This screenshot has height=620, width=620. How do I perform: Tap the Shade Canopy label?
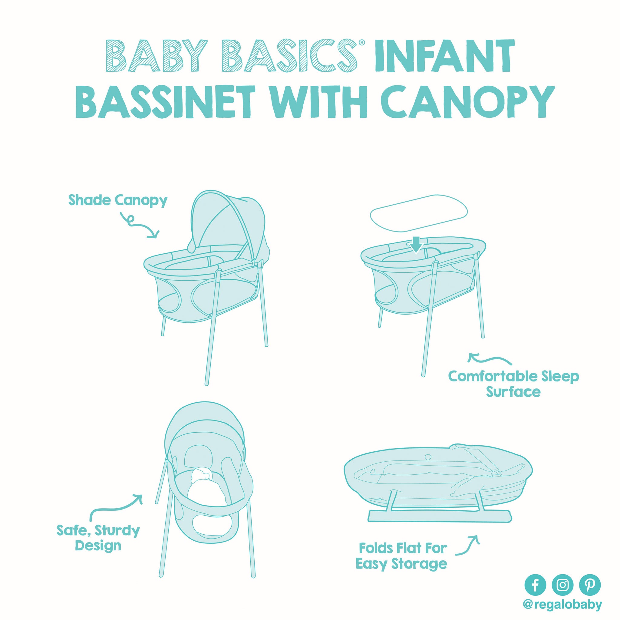pyautogui.click(x=118, y=201)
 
